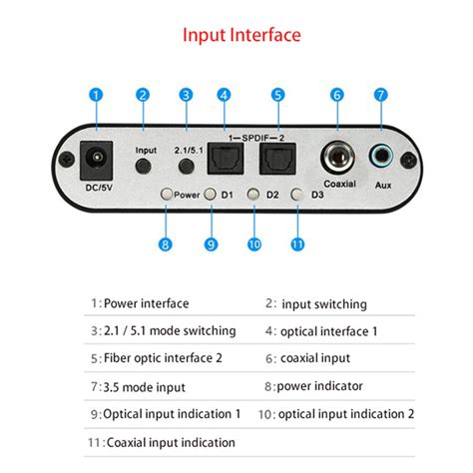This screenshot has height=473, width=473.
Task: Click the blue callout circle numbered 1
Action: pyautogui.click(x=96, y=95)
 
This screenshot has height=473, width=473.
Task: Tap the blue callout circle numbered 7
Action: pyautogui.click(x=379, y=95)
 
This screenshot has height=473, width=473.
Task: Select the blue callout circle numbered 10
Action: pyautogui.click(x=253, y=242)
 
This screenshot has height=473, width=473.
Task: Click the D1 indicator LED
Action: pyautogui.click(x=211, y=196)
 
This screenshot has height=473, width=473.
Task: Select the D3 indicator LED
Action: pyautogui.click(x=295, y=196)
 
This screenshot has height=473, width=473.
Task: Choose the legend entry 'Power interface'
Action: pyautogui.click(x=147, y=303)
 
